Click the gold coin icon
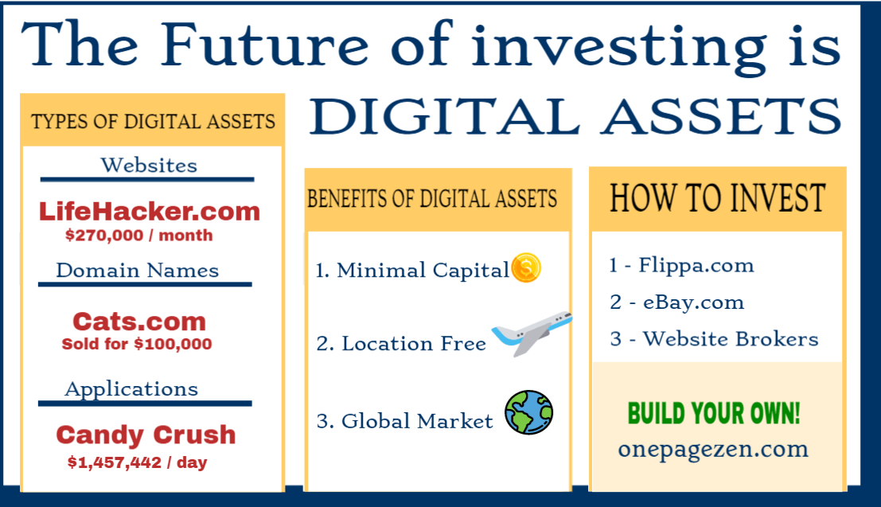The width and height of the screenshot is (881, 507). coord(526,267)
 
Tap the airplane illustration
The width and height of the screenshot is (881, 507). coord(532,332)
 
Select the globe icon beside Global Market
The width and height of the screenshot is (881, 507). coord(528,412)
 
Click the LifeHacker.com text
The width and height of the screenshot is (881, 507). coord(150,212)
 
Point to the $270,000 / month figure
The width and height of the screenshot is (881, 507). coord(138,235)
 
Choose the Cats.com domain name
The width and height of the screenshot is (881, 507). coord(139,322)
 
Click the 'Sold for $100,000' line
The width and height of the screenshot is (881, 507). coord(137,343)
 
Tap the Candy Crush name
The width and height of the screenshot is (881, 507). coord(146,435)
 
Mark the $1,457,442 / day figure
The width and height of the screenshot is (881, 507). coord(137,462)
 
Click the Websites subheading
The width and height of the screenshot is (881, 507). coord(149,166)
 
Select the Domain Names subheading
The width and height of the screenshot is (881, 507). coord(138,271)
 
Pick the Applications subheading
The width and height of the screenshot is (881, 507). coord(131,389)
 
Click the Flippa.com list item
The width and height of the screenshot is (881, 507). coord(681,265)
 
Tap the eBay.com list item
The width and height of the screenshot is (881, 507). coord(677,302)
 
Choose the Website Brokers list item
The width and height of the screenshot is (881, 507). coord(714,339)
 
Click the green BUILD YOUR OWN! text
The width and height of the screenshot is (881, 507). coord(714,413)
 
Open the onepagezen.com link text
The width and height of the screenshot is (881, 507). coord(714,449)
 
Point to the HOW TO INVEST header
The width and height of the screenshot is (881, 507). coord(718,198)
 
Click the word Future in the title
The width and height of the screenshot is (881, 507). coord(265,44)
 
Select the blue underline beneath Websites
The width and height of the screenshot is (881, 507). coord(147,179)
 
